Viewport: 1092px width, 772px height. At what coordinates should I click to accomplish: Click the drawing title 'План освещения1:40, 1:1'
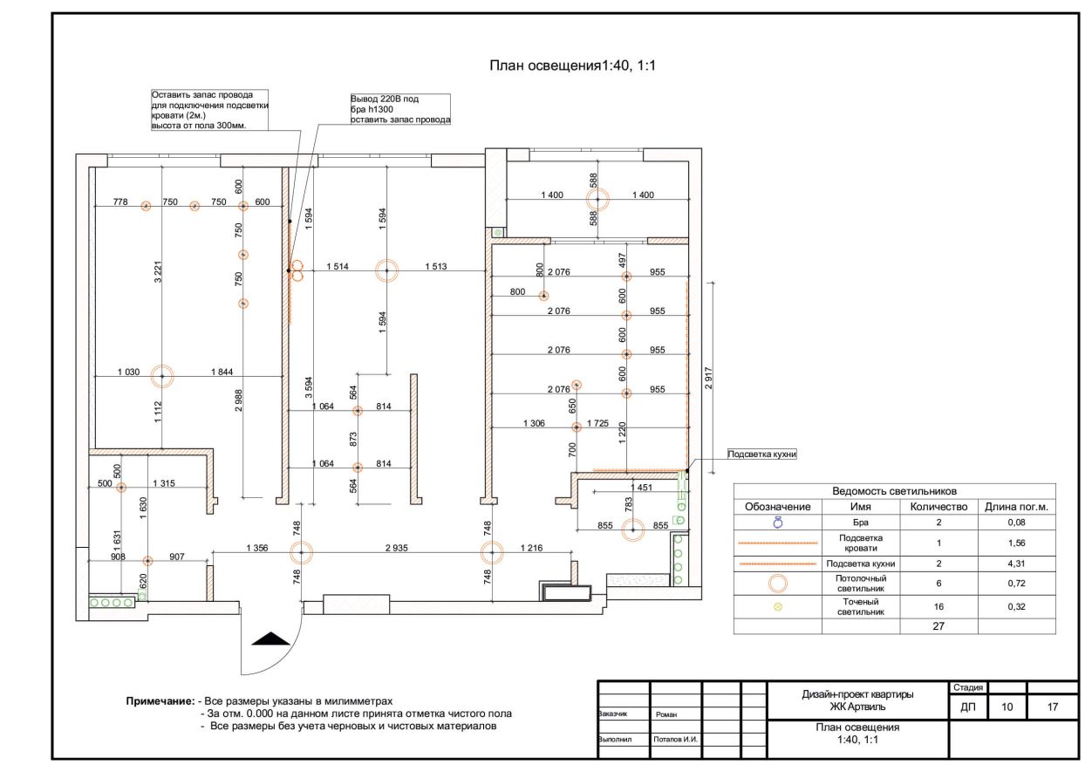(x=573, y=65)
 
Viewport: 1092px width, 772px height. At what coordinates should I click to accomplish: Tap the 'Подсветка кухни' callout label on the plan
(x=762, y=454)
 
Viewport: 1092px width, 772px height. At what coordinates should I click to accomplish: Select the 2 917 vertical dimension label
(x=709, y=378)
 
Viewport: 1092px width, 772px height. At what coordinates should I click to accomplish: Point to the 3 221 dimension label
(x=158, y=271)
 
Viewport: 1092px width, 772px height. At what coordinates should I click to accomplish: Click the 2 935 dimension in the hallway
(x=396, y=548)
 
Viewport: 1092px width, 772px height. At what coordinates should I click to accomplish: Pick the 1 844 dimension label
(x=222, y=372)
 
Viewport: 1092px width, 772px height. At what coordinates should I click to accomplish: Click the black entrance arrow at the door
(x=270, y=639)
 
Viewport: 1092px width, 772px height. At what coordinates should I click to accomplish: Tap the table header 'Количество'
(x=938, y=507)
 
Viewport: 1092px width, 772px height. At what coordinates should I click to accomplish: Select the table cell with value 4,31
(x=1016, y=564)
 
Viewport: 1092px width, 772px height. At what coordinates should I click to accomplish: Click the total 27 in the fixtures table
(x=938, y=626)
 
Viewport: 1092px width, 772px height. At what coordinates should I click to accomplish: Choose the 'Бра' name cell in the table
(x=861, y=523)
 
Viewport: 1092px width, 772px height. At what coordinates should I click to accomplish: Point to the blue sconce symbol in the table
(x=778, y=523)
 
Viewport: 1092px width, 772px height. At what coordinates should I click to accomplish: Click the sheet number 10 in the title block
(x=1007, y=707)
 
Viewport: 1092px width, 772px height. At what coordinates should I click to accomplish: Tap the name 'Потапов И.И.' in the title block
(x=676, y=740)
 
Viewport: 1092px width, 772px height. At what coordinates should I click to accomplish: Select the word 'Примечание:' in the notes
(x=160, y=701)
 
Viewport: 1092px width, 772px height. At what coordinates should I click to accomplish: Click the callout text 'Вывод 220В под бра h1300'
(x=385, y=104)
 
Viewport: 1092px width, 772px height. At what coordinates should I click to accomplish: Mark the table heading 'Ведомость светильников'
(x=895, y=491)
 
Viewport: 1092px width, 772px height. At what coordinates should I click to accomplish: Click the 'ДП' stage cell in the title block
(x=967, y=707)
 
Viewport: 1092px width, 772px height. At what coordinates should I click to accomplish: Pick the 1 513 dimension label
(x=436, y=266)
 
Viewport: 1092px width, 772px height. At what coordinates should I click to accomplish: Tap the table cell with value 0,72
(x=1016, y=584)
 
